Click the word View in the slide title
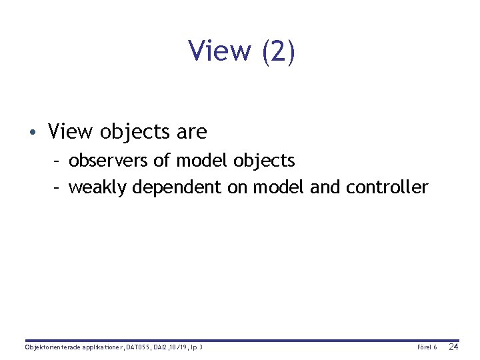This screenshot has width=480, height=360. point(219,51)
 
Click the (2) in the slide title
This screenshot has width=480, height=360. point(279,52)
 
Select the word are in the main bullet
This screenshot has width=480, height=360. point(192,132)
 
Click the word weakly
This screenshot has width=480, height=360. point(97,188)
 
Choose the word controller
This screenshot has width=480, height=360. point(387,187)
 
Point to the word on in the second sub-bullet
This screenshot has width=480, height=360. point(237,188)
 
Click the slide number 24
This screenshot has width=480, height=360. point(453,347)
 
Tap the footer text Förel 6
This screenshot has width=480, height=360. point(427,347)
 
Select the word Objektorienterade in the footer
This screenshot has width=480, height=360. point(49,347)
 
